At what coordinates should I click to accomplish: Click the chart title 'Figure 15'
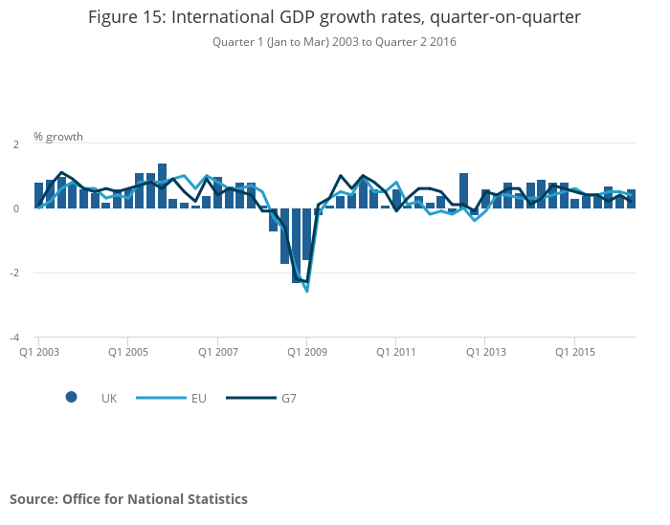coord(334,17)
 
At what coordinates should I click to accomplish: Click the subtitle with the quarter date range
coord(334,42)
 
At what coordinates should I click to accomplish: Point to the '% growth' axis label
coord(58,137)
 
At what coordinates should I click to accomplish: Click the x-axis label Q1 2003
coord(39,352)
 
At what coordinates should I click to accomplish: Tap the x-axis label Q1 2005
coord(128,352)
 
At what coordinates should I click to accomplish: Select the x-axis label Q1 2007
coord(217,352)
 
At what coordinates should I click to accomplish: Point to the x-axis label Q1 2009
coord(306,352)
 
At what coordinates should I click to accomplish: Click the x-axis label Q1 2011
coord(395,352)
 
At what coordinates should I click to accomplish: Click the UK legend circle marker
coord(71,398)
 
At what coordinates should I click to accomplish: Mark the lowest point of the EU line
coord(307,291)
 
